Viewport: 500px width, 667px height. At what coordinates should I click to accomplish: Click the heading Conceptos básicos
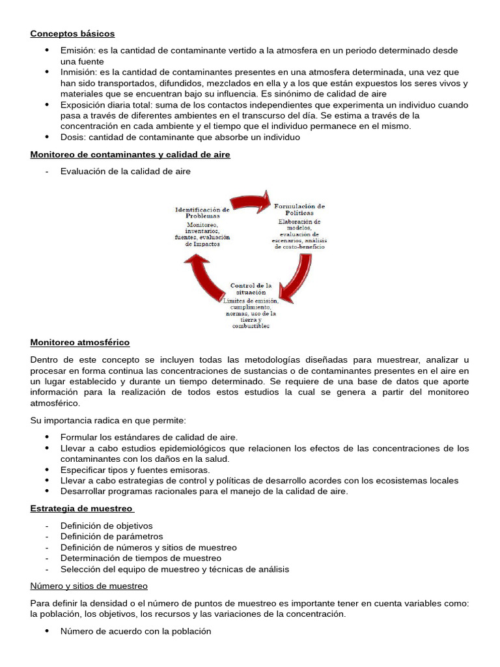(72, 33)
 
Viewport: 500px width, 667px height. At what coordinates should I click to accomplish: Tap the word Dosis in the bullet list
(72, 137)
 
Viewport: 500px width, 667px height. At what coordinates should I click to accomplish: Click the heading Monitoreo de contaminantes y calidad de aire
(130, 154)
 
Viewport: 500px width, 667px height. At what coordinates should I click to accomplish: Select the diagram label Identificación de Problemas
(202, 213)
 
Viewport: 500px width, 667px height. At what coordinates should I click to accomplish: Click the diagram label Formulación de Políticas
(298, 209)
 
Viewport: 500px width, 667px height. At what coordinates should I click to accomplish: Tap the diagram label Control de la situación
(250, 289)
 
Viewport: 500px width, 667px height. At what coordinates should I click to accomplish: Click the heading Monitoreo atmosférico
(80, 342)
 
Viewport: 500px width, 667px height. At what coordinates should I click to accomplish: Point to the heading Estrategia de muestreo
(81, 508)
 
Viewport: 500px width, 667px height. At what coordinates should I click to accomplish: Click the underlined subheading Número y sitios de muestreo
(89, 586)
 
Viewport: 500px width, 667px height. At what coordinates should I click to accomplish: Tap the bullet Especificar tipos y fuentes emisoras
(135, 470)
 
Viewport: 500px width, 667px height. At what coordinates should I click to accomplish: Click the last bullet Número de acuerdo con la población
(136, 631)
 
